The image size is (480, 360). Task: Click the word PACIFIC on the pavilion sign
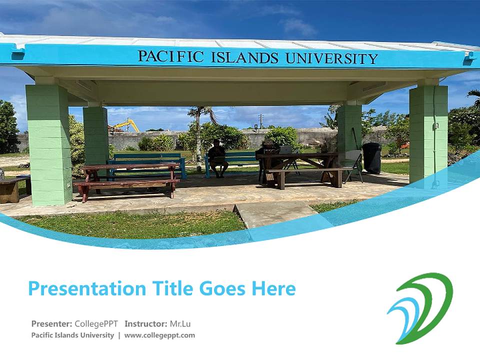coord(170,56)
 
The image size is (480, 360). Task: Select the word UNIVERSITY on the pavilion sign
coord(331,58)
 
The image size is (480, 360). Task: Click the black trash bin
coord(371,157)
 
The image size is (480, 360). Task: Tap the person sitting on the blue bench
coord(217,157)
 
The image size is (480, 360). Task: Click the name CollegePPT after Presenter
coord(96,323)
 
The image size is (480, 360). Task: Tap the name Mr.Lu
coord(180,323)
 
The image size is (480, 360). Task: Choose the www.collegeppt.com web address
coord(159,335)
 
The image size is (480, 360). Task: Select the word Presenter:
coord(51,323)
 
